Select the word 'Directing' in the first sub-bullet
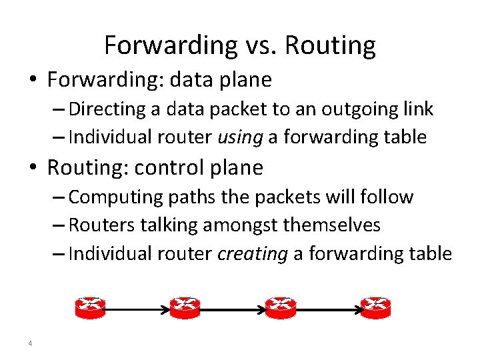coord(101,109)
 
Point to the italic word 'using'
coord(241,137)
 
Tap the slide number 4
coord(31,343)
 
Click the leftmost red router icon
coord(90,307)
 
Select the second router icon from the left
coord(185,307)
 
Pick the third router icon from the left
coord(280,307)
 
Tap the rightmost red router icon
coord(375,307)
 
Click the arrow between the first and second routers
coord(137,309)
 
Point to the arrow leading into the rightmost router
coord(327,309)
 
